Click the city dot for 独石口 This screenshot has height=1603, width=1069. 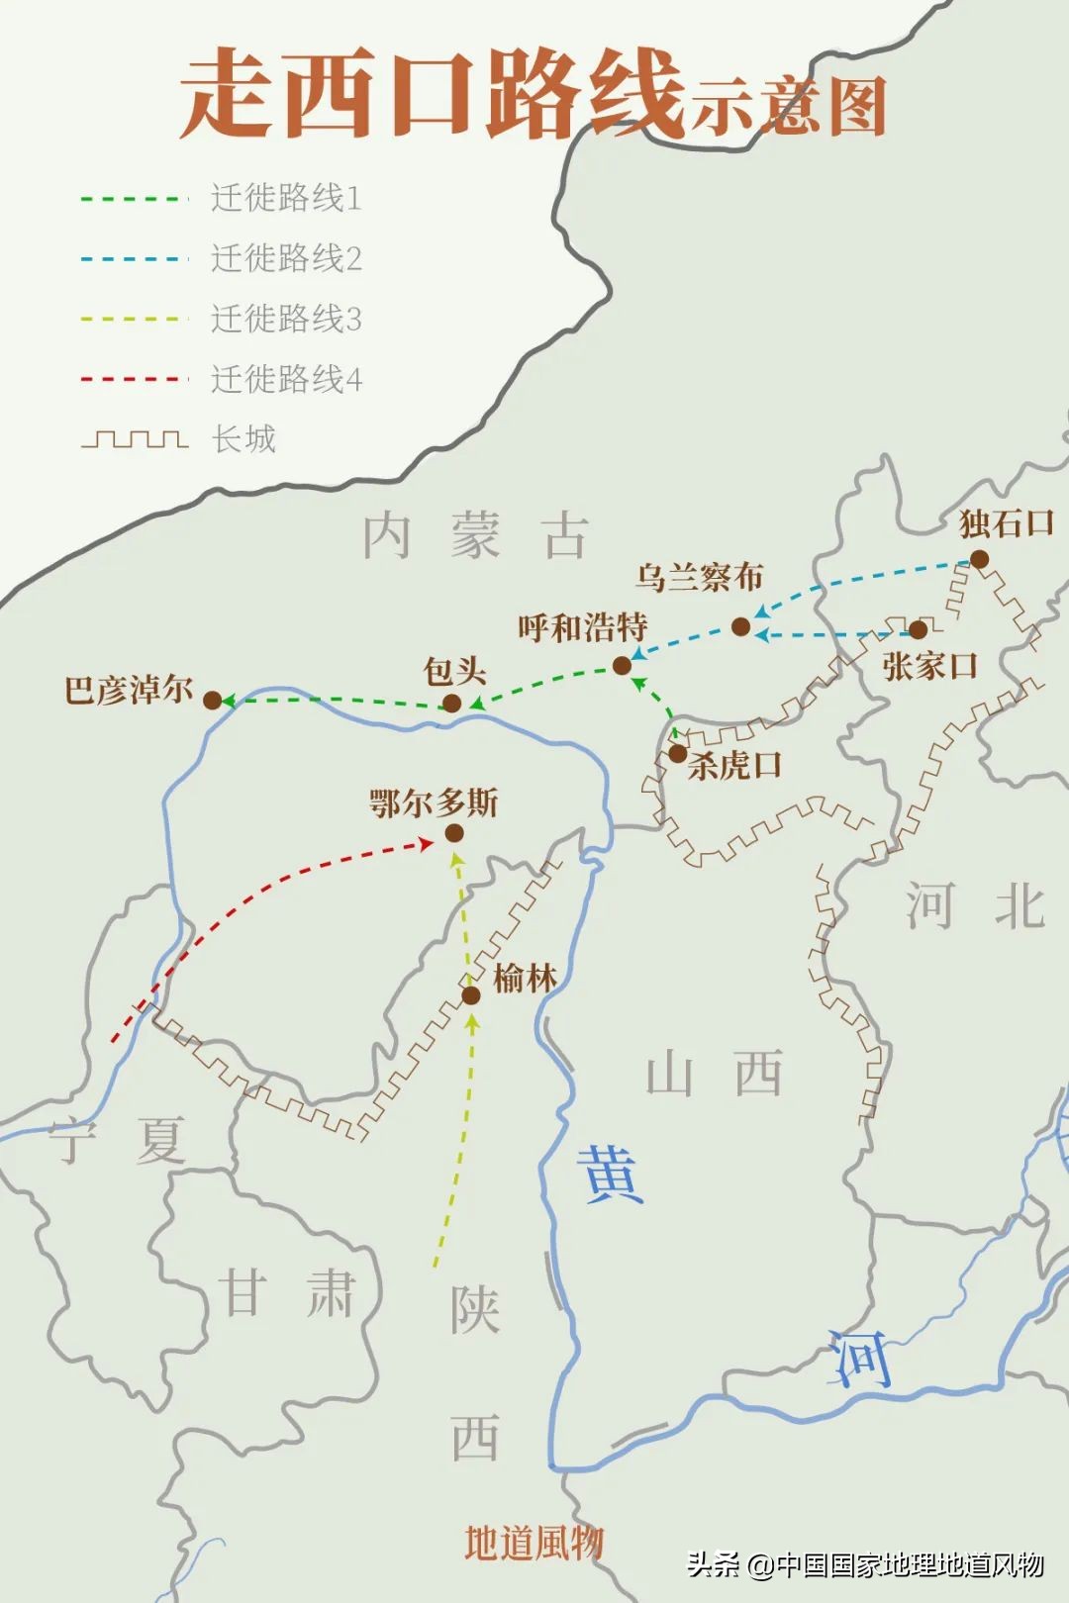[x=979, y=560]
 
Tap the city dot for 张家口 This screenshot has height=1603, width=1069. [x=918, y=629]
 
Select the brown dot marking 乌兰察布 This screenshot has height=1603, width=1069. [x=740, y=626]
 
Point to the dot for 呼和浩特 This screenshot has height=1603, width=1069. [x=622, y=666]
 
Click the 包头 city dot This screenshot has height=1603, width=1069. [x=451, y=704]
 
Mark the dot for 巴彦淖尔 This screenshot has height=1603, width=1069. [x=212, y=701]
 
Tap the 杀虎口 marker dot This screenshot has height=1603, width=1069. [x=677, y=754]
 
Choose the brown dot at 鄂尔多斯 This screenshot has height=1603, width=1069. [x=453, y=833]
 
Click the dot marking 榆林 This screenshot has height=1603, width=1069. [x=471, y=994]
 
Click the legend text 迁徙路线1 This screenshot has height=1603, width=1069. [x=286, y=199]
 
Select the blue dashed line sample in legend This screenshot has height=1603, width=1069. [x=134, y=259]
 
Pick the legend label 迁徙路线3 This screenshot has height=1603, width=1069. [x=286, y=320]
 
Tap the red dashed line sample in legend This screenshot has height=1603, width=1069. [x=134, y=379]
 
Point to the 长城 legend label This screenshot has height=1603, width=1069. [x=243, y=438]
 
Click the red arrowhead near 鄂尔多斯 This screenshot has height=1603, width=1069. [x=425, y=844]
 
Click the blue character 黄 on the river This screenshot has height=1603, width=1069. [x=612, y=1175]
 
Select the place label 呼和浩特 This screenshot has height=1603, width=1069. [x=582, y=627]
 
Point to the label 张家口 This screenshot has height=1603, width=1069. [x=929, y=666]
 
